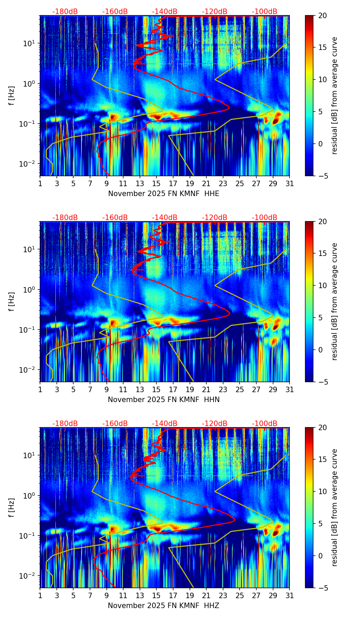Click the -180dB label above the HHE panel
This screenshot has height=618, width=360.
pyautogui.click(x=65, y=12)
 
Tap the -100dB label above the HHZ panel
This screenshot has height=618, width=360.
pyautogui.click(x=265, y=424)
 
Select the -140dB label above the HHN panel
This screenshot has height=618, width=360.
pyautogui.click(x=165, y=218)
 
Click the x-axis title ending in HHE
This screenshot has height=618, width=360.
pyautogui.click(x=164, y=194)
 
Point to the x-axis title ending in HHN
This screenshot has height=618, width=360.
pyautogui.click(x=164, y=400)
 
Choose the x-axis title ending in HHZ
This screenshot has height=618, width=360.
pyautogui.click(x=163, y=606)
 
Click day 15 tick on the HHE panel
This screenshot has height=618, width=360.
pyautogui.click(x=156, y=184)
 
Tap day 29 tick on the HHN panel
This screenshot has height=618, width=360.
pyautogui.click(x=273, y=390)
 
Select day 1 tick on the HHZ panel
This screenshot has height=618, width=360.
pyautogui.click(x=40, y=596)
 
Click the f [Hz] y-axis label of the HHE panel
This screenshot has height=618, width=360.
pyautogui.click(x=12, y=96)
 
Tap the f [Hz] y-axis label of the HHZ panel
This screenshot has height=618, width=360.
pyautogui.click(x=12, y=508)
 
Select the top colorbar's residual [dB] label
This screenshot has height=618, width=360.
pyautogui.click(x=334, y=96)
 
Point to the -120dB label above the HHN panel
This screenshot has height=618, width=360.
pyautogui.click(x=215, y=218)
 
